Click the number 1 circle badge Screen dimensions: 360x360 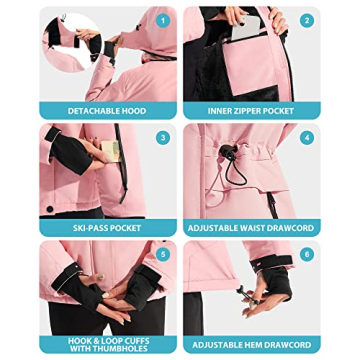163,21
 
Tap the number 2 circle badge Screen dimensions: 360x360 307,21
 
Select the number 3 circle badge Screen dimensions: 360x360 163,138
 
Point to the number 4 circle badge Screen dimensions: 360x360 307,138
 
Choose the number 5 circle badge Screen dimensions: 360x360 163,255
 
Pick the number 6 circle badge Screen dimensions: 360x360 307,255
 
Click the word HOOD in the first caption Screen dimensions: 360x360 134,111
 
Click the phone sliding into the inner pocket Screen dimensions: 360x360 246,27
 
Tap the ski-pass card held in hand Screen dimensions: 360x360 111,151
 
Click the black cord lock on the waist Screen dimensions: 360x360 228,152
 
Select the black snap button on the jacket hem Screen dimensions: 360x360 50,209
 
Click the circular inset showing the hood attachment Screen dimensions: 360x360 72,42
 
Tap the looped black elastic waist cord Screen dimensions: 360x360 235,171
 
